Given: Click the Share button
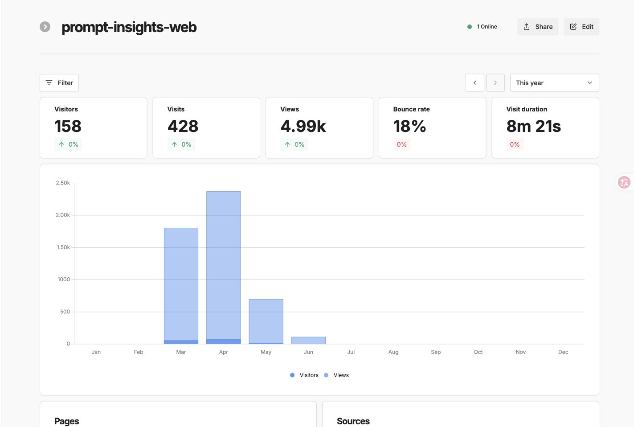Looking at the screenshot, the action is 537,27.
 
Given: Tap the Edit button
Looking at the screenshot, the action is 581,27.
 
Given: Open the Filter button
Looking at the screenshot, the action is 59,83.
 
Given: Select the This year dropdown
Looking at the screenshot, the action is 554,83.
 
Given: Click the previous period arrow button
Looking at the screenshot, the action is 475,83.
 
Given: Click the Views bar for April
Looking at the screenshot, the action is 224,265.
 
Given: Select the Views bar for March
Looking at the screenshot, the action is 181,284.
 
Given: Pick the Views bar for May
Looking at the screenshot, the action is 266,321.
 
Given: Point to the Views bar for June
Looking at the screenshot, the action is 308,341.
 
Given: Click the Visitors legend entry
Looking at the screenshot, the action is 304,375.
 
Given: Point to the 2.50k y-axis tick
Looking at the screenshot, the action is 63,183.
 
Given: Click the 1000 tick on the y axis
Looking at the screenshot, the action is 64,279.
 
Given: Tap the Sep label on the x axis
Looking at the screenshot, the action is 436,352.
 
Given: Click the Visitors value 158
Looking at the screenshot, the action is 68,126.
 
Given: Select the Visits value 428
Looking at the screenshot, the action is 183,126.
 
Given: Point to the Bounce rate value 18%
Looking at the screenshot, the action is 409,126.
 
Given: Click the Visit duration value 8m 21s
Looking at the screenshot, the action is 533,126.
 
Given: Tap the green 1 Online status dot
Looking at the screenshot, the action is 470,27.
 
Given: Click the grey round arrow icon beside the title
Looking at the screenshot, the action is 45,27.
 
